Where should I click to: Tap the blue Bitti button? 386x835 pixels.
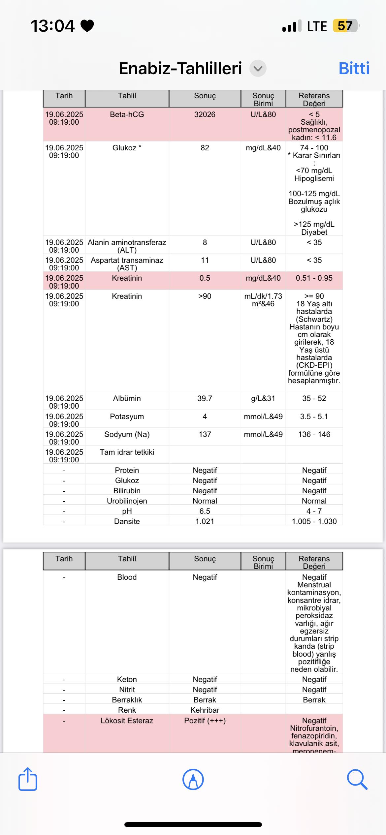pyautogui.click(x=354, y=68)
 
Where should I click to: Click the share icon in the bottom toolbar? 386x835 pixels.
pyautogui.click(x=28, y=779)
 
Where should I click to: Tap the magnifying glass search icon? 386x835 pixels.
pyautogui.click(x=357, y=779)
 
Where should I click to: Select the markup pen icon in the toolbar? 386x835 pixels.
pyautogui.click(x=193, y=779)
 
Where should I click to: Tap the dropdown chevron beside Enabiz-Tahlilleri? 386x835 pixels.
pyautogui.click(x=258, y=68)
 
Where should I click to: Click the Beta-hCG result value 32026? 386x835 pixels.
pyautogui.click(x=205, y=114)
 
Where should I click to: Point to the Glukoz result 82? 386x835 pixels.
pyautogui.click(x=205, y=148)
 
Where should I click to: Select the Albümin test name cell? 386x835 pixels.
pyautogui.click(x=127, y=398)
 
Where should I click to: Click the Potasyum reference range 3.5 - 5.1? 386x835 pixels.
pyautogui.click(x=314, y=417)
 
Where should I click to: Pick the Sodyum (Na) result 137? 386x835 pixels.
pyautogui.click(x=205, y=434)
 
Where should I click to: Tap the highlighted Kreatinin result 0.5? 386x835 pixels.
pyautogui.click(x=205, y=278)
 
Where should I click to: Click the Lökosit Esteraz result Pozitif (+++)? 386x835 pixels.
pyautogui.click(x=205, y=721)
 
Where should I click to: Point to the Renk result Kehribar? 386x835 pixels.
pyautogui.click(x=205, y=710)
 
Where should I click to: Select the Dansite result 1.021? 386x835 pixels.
pyautogui.click(x=205, y=521)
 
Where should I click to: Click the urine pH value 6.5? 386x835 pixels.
pyautogui.click(x=205, y=511)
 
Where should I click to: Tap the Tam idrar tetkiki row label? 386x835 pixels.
pyautogui.click(x=127, y=452)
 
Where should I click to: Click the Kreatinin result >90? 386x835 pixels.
pyautogui.click(x=205, y=296)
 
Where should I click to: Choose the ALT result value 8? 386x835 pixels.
pyautogui.click(x=205, y=242)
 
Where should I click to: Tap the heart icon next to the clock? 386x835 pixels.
pyautogui.click(x=87, y=26)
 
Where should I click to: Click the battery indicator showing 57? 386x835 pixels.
pyautogui.click(x=345, y=26)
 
